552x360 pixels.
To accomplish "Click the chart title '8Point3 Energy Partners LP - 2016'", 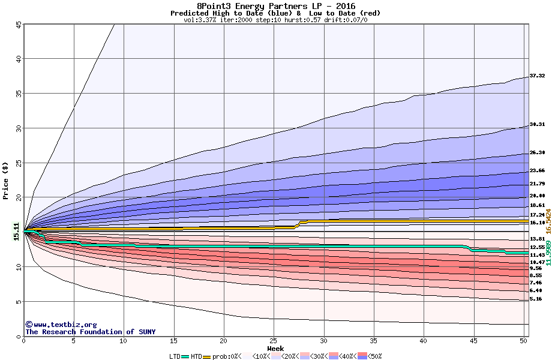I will coord(275,6).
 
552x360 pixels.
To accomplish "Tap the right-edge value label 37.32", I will coord(537,76).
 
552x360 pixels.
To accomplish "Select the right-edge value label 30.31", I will coord(537,124).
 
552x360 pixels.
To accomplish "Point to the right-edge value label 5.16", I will coord(535,299).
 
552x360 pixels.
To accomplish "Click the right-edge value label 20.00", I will coord(537,196).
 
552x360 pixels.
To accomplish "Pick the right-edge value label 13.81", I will coord(537,239).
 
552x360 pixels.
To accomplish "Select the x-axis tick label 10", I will coord(124,341).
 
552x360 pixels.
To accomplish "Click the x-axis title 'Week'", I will coord(275,348).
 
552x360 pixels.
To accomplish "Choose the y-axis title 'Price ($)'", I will coord(6,181).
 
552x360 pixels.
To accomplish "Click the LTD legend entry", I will coord(175,356).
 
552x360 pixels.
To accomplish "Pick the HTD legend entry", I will coord(196,356).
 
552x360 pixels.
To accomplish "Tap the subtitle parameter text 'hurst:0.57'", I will coord(304,20).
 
